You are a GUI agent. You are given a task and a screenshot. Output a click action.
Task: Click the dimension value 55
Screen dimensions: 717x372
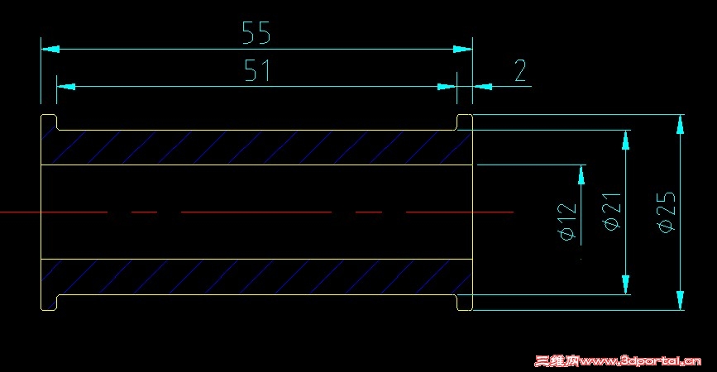(256, 32)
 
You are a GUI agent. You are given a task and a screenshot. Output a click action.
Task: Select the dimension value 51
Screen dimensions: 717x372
(257, 70)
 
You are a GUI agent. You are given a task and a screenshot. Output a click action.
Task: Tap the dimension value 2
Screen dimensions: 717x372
(520, 70)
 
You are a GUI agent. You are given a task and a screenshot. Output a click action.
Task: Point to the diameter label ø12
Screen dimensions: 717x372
(567, 222)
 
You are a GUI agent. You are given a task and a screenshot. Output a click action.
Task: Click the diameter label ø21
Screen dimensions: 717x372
(612, 211)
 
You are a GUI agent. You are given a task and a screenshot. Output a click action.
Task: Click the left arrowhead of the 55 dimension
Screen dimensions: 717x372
(50, 49)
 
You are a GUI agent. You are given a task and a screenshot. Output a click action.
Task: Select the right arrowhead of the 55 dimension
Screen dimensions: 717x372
(463, 49)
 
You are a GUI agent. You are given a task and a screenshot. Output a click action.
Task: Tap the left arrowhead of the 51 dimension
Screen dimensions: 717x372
(66, 86)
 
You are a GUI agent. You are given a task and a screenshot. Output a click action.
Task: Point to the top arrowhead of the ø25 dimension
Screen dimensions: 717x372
(681, 124)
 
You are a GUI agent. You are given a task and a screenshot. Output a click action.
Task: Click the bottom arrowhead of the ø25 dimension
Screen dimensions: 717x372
(681, 300)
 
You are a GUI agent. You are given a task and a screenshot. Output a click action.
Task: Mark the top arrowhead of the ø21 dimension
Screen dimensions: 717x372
(626, 140)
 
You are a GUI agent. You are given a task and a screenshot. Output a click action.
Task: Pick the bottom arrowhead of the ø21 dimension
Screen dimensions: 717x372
(626, 284)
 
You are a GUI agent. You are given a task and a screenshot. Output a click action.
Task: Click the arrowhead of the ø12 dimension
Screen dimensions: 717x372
(581, 174)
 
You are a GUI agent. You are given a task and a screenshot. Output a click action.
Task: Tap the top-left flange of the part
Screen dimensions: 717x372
(49, 122)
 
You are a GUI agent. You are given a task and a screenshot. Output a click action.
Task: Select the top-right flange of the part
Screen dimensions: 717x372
(465, 122)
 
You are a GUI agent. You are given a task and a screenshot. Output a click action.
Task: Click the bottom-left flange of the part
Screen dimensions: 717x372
(49, 303)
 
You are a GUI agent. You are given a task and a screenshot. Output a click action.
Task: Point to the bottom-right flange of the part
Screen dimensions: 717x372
(465, 303)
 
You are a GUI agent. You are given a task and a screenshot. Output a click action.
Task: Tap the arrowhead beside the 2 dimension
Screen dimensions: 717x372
(482, 86)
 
